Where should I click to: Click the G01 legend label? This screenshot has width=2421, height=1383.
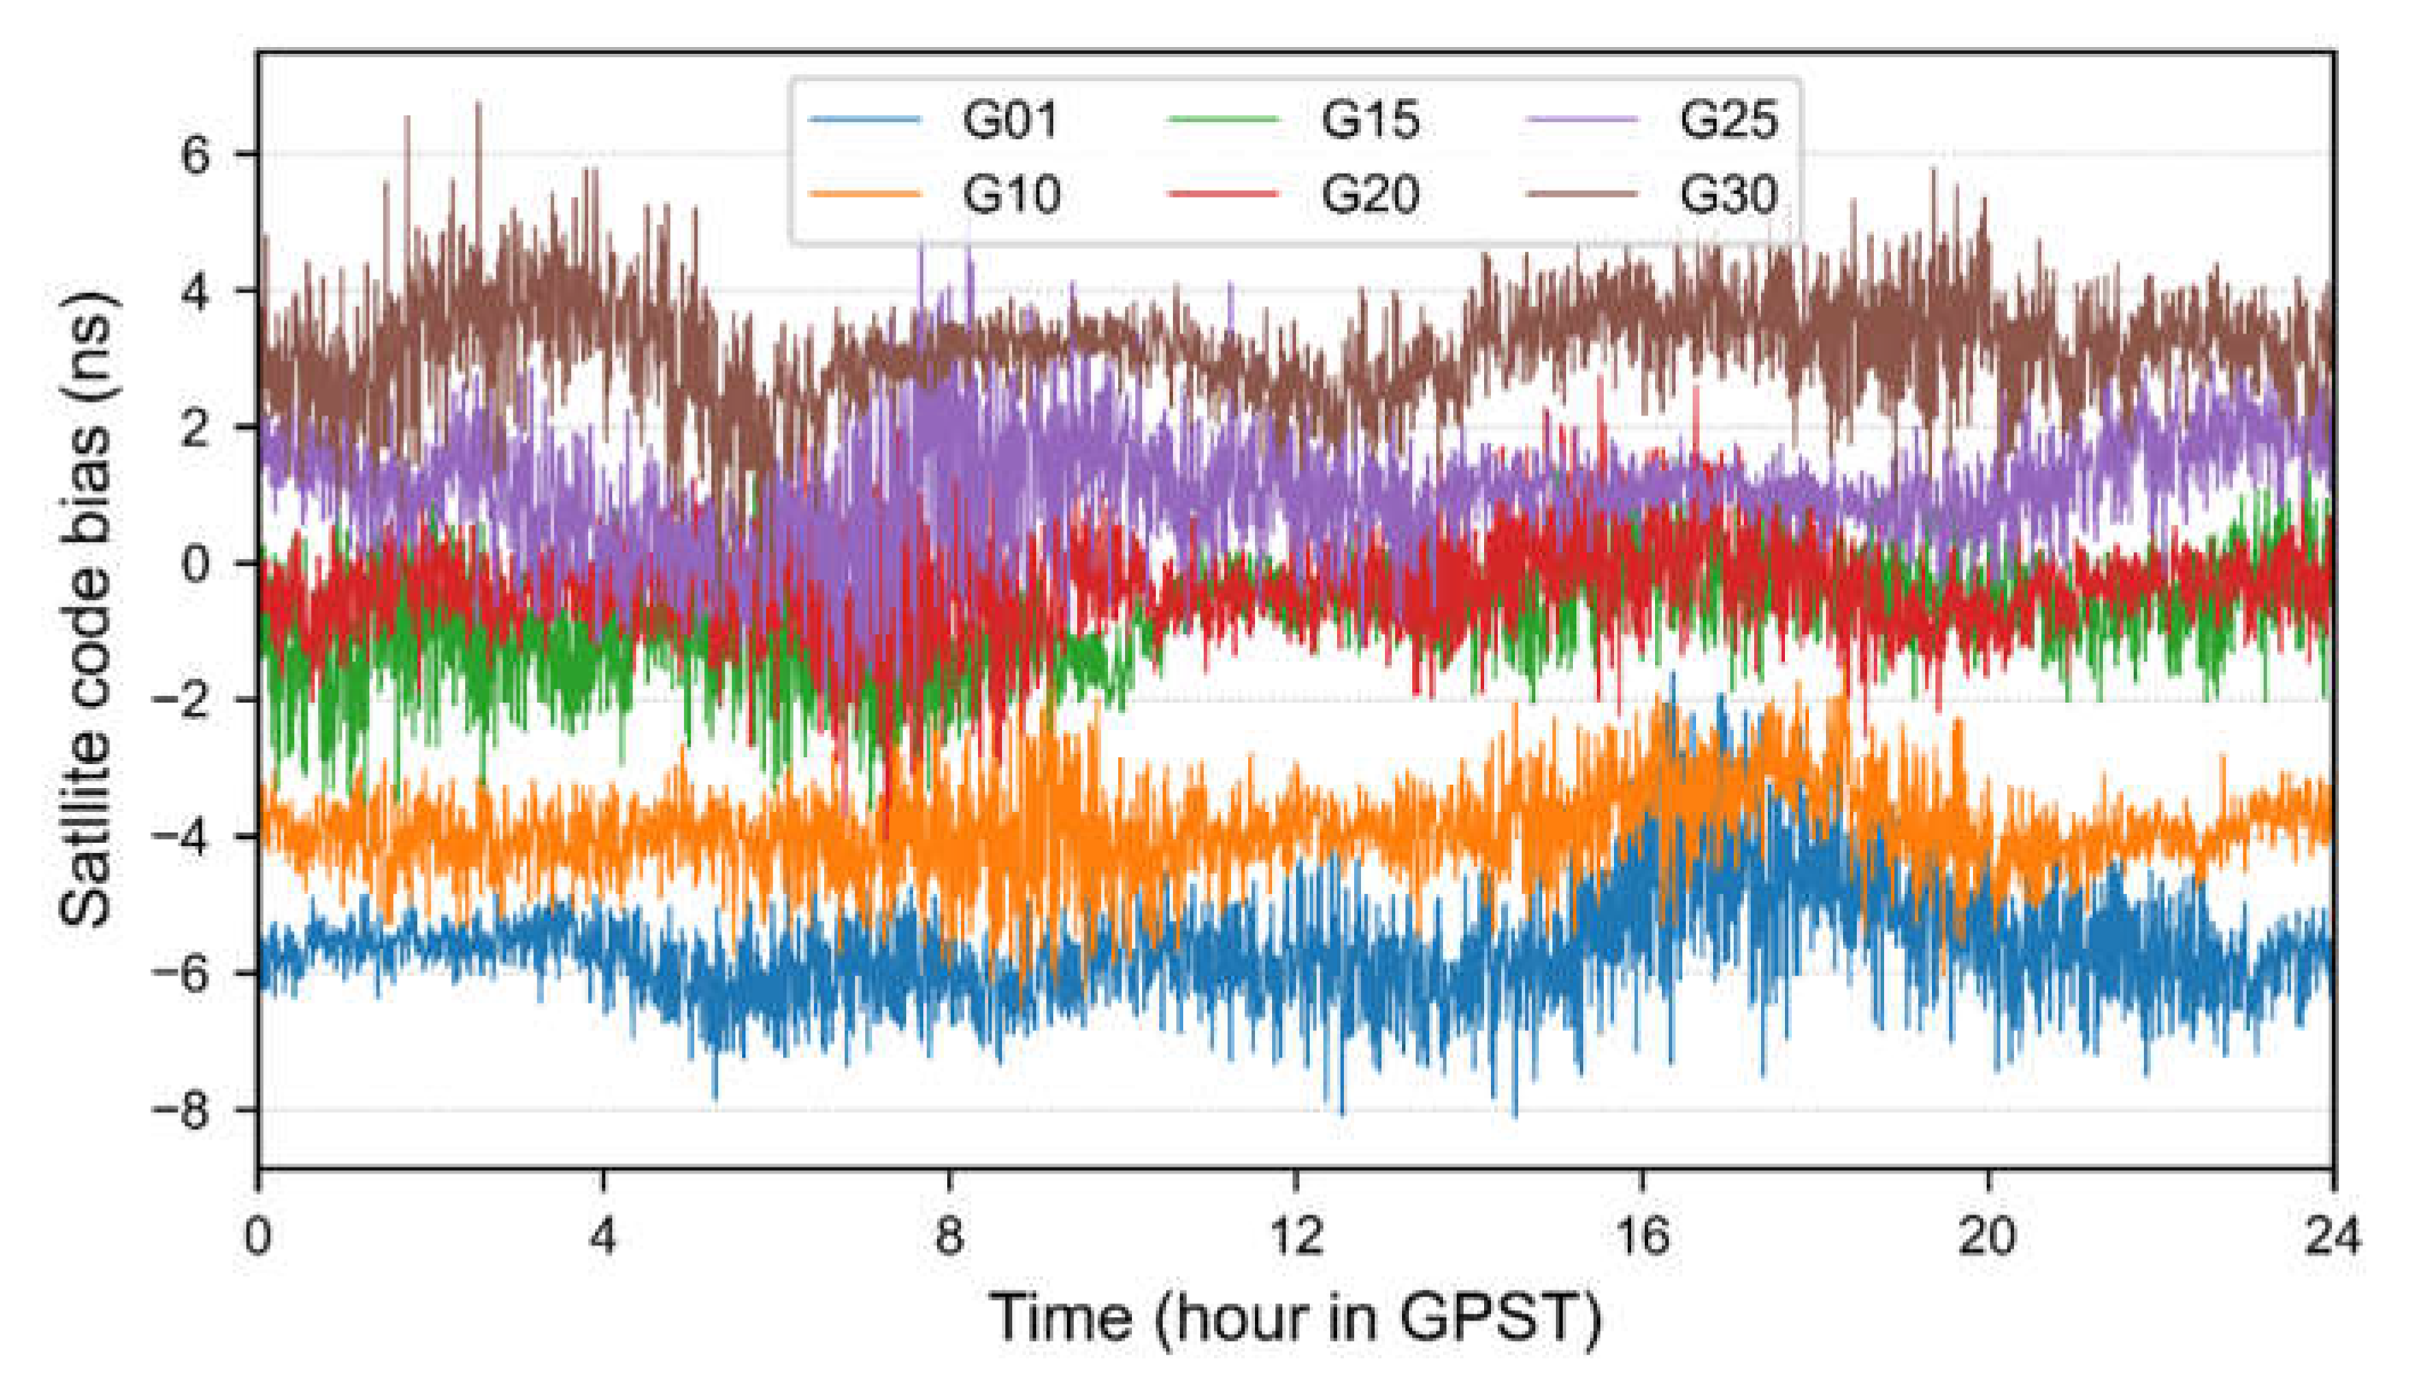pos(1010,120)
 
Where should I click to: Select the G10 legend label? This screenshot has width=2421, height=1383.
pos(1010,195)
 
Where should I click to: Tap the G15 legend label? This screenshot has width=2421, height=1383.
pos(1369,120)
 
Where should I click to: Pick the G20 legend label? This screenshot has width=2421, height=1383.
pos(1369,195)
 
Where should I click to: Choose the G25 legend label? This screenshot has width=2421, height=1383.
pos(1728,120)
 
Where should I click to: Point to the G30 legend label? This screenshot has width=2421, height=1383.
pos(1728,195)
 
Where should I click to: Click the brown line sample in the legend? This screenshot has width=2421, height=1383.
pos(1582,194)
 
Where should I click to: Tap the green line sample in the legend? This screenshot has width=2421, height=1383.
pos(1223,120)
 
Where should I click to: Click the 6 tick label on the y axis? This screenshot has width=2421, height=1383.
pos(195,154)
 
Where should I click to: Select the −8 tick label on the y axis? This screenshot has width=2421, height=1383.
pos(180,1109)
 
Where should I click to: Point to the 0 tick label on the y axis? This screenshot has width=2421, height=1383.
pos(195,563)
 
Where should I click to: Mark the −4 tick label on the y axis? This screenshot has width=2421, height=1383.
pos(180,837)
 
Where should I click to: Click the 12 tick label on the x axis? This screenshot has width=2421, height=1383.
pos(1295,1237)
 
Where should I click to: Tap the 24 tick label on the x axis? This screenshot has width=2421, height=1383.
pos(2332,1237)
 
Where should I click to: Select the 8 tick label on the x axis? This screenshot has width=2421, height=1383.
pos(950,1237)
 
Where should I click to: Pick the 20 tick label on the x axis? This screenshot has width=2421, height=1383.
pos(1987,1237)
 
